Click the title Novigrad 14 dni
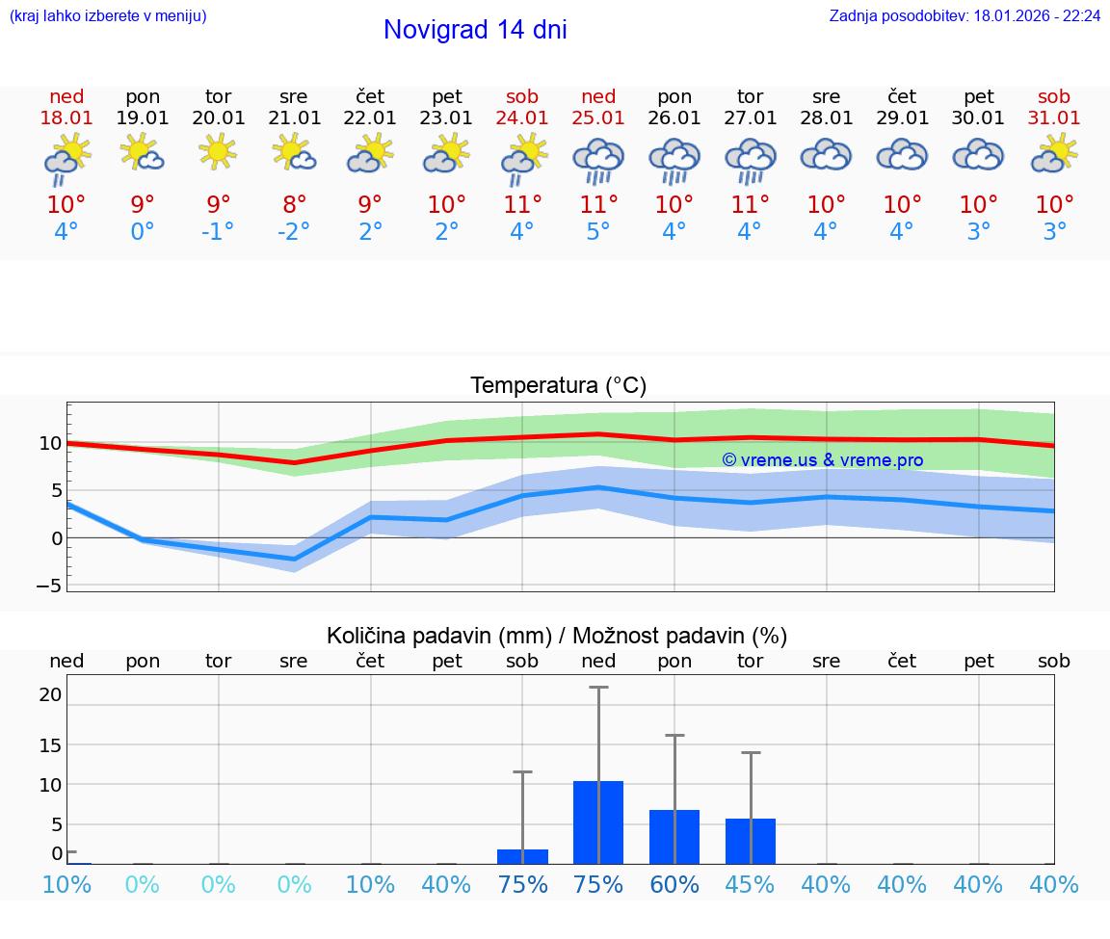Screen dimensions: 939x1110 (x=475, y=30)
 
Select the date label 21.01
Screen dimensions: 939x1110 (x=294, y=118)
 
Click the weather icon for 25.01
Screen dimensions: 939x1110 (x=598, y=159)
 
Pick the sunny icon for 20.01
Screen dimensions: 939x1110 (x=219, y=151)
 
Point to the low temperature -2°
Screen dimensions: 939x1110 (x=294, y=232)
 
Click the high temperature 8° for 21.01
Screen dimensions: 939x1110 (x=294, y=204)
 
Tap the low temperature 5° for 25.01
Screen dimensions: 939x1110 (x=598, y=232)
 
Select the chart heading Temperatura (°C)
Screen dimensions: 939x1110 (x=558, y=386)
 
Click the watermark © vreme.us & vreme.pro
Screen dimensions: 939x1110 (x=823, y=460)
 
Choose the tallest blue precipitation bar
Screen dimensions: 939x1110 (x=598, y=822)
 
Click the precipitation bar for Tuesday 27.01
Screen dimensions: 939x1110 (x=751, y=841)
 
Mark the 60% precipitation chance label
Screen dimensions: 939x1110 (x=674, y=884)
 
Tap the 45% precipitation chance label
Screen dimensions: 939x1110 (x=751, y=884)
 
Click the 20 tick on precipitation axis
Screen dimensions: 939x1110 (x=50, y=694)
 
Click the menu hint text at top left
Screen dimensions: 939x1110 (x=108, y=16)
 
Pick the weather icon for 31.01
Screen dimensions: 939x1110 (x=1054, y=154)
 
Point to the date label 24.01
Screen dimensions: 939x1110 (x=522, y=118)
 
